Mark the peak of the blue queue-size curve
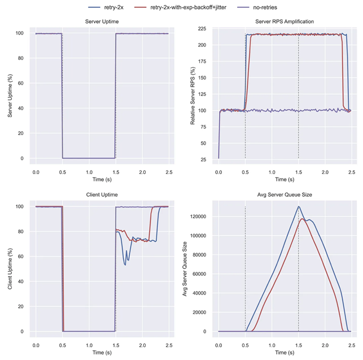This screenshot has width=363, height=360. tap(299, 206)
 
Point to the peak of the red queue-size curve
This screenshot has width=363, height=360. tap(303, 219)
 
